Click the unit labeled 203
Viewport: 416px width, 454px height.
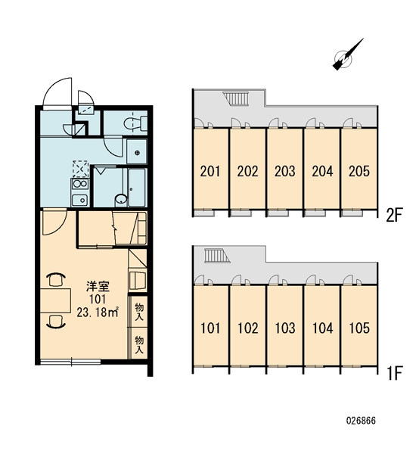click(285, 171)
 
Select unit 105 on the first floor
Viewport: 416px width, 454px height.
click(359, 328)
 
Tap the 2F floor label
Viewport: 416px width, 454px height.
click(394, 215)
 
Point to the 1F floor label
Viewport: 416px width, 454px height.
click(395, 373)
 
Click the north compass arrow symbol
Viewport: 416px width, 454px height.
click(348, 54)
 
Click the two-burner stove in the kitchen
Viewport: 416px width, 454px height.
click(80, 184)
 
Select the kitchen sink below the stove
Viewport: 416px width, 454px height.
click(80, 200)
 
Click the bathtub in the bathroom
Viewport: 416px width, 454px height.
click(137, 188)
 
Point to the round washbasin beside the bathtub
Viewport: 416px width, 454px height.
click(121, 199)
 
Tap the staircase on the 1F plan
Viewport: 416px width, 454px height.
click(217, 256)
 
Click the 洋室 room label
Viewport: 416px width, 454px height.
click(98, 286)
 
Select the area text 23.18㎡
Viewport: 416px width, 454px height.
click(98, 313)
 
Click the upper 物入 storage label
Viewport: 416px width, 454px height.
click(139, 312)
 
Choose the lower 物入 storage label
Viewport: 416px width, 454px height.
click(139, 344)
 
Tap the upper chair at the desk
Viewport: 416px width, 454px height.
click(55, 279)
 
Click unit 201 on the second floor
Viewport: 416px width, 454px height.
click(210, 171)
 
